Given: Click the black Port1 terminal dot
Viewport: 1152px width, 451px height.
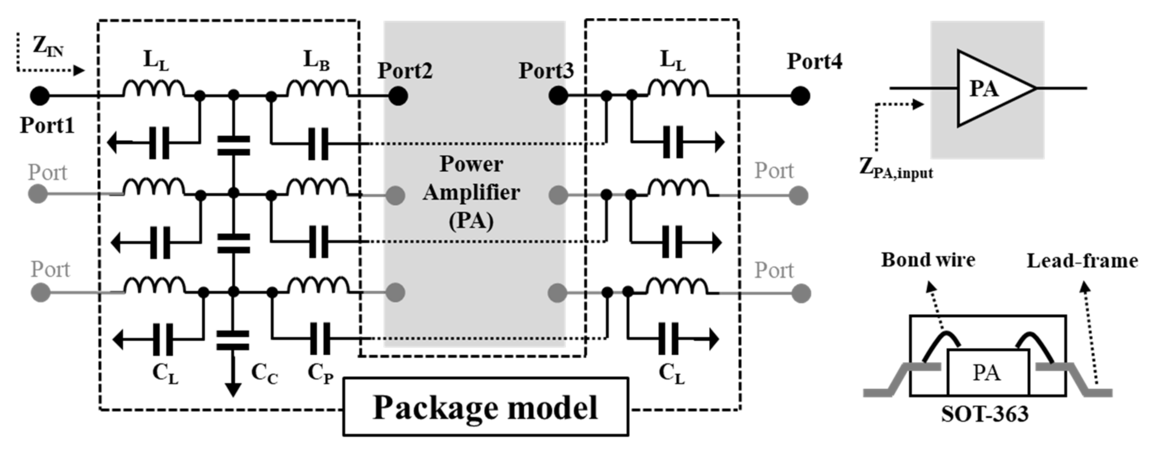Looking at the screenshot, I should tap(40, 95).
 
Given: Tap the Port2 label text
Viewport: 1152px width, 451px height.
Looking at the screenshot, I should tap(405, 70).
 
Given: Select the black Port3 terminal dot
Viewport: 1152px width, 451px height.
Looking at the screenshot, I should tap(558, 95).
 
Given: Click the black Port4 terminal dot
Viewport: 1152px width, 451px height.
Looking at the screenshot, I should tap(800, 95).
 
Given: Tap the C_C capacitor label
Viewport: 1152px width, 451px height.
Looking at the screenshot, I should tap(264, 373).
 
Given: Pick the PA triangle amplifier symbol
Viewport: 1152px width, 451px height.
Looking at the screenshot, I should tap(991, 88).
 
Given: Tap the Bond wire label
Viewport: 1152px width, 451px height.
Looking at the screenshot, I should tap(928, 260).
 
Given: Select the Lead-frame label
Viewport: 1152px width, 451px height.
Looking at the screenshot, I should tap(1082, 261).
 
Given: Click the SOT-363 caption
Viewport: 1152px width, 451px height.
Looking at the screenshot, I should tap(985, 414).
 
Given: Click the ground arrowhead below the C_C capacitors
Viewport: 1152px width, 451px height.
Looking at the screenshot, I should tap(233, 390).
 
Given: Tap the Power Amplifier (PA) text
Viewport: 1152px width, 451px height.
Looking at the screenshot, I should tap(471, 192).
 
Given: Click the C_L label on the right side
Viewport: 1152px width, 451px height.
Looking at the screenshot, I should tap(671, 373).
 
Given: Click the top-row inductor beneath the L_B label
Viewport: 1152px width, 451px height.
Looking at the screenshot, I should tap(317, 88).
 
